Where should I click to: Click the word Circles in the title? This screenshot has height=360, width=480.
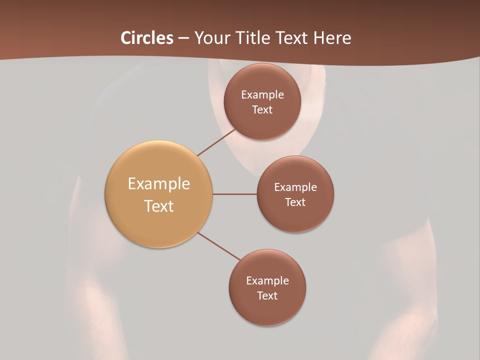(x=146, y=38)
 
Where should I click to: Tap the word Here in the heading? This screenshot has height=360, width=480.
(x=332, y=38)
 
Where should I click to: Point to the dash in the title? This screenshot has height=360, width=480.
(x=183, y=38)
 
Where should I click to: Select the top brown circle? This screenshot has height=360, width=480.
(x=262, y=122)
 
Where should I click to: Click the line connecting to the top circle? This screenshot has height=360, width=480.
(x=217, y=142)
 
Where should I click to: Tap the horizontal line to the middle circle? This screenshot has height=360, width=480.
(x=234, y=194)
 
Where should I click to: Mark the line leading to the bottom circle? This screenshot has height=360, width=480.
(x=219, y=246)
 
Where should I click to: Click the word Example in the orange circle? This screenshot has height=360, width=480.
(x=159, y=184)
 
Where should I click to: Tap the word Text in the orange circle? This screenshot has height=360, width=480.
(x=159, y=206)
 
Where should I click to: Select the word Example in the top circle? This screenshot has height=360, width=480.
(x=262, y=95)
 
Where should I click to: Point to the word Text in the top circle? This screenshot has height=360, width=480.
(x=262, y=110)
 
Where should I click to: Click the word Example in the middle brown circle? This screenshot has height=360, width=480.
(x=295, y=187)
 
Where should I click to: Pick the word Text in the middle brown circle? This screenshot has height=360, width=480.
(x=295, y=202)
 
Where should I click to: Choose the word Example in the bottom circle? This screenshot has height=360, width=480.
(x=267, y=281)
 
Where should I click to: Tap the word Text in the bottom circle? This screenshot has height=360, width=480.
(x=267, y=296)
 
